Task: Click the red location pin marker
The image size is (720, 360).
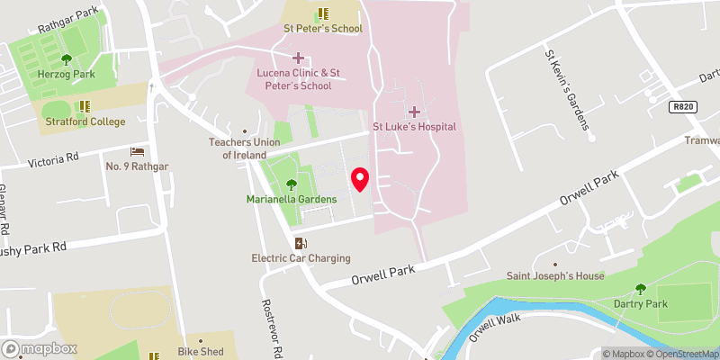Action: [359, 179]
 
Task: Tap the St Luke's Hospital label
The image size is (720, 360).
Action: [414, 127]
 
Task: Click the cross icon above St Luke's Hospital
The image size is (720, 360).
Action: [414, 111]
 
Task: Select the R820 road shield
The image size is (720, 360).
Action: [683, 107]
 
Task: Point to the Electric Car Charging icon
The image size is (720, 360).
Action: [301, 243]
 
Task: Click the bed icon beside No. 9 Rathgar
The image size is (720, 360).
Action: [137, 151]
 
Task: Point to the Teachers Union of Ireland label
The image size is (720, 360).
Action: [245, 148]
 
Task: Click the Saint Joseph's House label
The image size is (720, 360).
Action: [555, 275]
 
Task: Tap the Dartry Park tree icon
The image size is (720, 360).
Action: [640, 289]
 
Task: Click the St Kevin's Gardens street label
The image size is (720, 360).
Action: [564, 89]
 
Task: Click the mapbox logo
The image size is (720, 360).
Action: [39, 348]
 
